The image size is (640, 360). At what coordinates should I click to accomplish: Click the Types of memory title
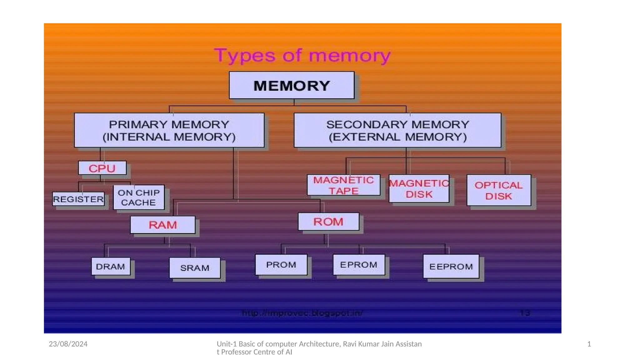(x=302, y=56)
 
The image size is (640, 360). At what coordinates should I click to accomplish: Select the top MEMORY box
(x=292, y=85)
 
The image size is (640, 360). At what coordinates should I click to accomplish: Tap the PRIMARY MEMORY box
(x=169, y=130)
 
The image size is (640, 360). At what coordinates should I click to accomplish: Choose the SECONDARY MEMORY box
(x=397, y=130)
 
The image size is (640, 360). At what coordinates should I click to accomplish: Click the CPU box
(x=102, y=168)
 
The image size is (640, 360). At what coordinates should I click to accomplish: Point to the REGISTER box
(x=78, y=199)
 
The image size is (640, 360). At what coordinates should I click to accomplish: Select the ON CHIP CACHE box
(x=139, y=197)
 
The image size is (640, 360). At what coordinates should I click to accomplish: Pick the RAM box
(x=163, y=225)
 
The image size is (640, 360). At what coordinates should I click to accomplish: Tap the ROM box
(x=328, y=222)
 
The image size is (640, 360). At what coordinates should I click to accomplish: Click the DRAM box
(x=111, y=267)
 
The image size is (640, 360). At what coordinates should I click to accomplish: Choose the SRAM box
(x=195, y=268)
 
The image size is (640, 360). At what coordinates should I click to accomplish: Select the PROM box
(x=281, y=265)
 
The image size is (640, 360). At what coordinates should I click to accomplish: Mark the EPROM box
(x=359, y=265)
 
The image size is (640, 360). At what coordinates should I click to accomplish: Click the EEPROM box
(x=451, y=267)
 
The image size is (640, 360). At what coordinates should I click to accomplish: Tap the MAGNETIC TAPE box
(x=343, y=185)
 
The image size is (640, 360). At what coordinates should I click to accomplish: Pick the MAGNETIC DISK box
(x=419, y=189)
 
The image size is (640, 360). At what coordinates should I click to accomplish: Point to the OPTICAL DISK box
(x=499, y=190)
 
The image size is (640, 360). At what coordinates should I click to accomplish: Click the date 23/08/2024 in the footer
(x=68, y=344)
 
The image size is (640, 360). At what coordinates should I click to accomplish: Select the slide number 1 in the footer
(x=589, y=344)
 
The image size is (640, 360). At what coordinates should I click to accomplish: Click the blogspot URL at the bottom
(x=302, y=313)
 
